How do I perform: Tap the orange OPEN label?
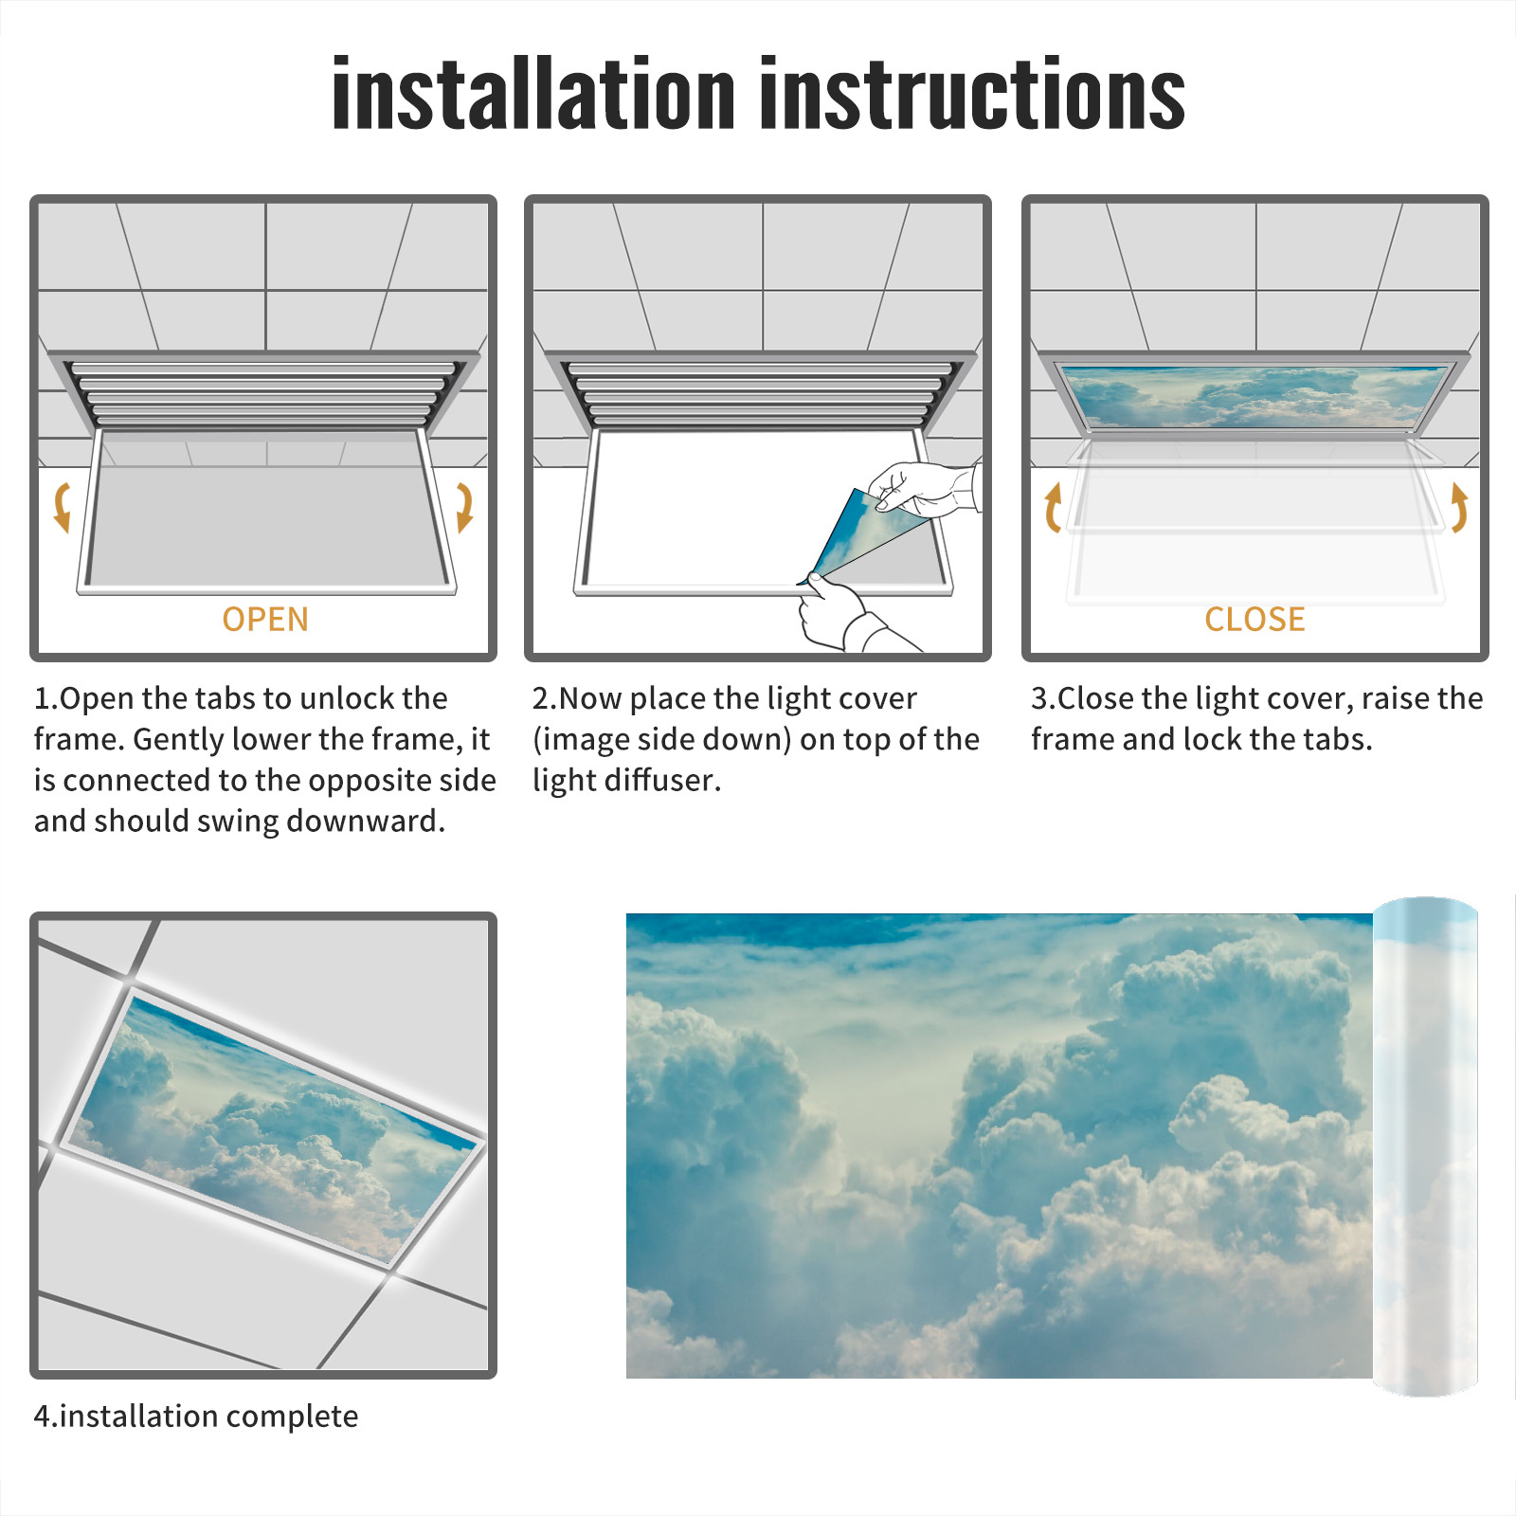click(265, 620)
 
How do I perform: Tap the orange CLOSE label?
click(1254, 620)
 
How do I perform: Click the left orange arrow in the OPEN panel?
click(63, 507)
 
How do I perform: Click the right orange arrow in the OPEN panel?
click(464, 507)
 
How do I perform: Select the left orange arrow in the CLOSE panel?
click(1053, 507)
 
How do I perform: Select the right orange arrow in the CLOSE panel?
click(1459, 507)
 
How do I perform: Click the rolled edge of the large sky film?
click(1425, 1146)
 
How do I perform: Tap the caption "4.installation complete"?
click(196, 1417)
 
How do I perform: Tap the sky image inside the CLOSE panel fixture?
click(1255, 396)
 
